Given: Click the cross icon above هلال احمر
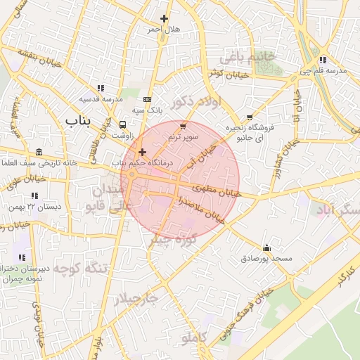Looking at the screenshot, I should pos(164,18).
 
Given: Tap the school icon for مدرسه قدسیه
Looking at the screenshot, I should pos(101,88).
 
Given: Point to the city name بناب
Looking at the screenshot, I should pos(79,122).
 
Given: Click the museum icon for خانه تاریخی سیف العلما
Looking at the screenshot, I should pos(38,153).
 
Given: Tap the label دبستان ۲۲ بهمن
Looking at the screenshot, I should pos(34,207).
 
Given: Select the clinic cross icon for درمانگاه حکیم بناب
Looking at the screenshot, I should pos(142,152).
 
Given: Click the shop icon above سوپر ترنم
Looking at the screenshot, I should pos(184,127).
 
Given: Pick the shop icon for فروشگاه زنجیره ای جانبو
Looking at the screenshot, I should pos(249,117).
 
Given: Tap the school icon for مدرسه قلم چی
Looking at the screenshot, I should pos(323,60).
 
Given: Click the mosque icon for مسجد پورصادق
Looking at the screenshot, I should pos(266,247).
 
